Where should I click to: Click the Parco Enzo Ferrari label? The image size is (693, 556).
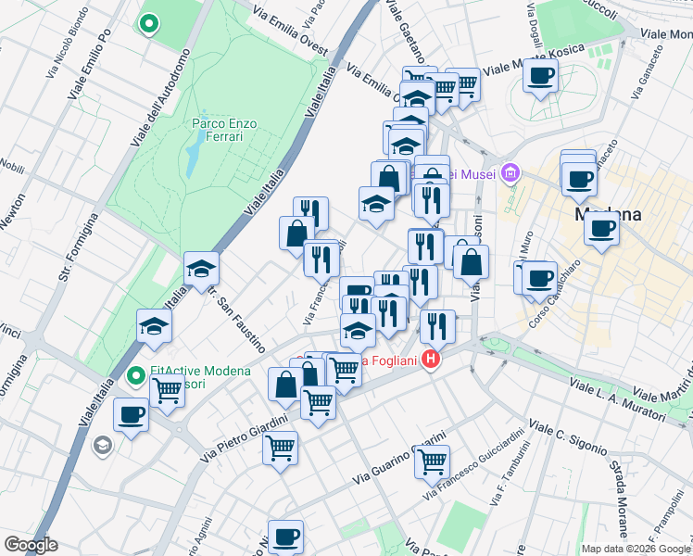217,129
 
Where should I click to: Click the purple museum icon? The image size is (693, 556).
510,172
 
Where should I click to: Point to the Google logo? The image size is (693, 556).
31,545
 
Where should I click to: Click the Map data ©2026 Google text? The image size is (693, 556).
636,549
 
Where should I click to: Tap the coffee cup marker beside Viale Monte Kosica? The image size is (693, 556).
540,76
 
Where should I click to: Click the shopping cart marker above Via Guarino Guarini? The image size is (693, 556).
433,461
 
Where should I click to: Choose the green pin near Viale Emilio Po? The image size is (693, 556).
148,23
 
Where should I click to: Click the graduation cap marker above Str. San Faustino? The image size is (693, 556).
201,270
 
